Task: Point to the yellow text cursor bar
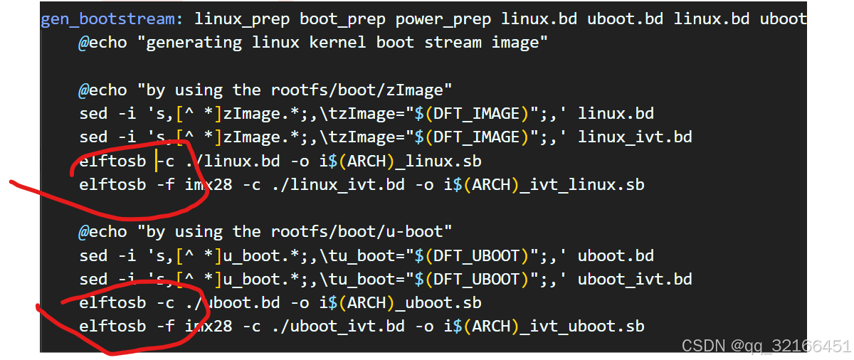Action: (157, 162)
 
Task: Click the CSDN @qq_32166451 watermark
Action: (766, 346)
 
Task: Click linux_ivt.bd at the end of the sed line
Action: (635, 137)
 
